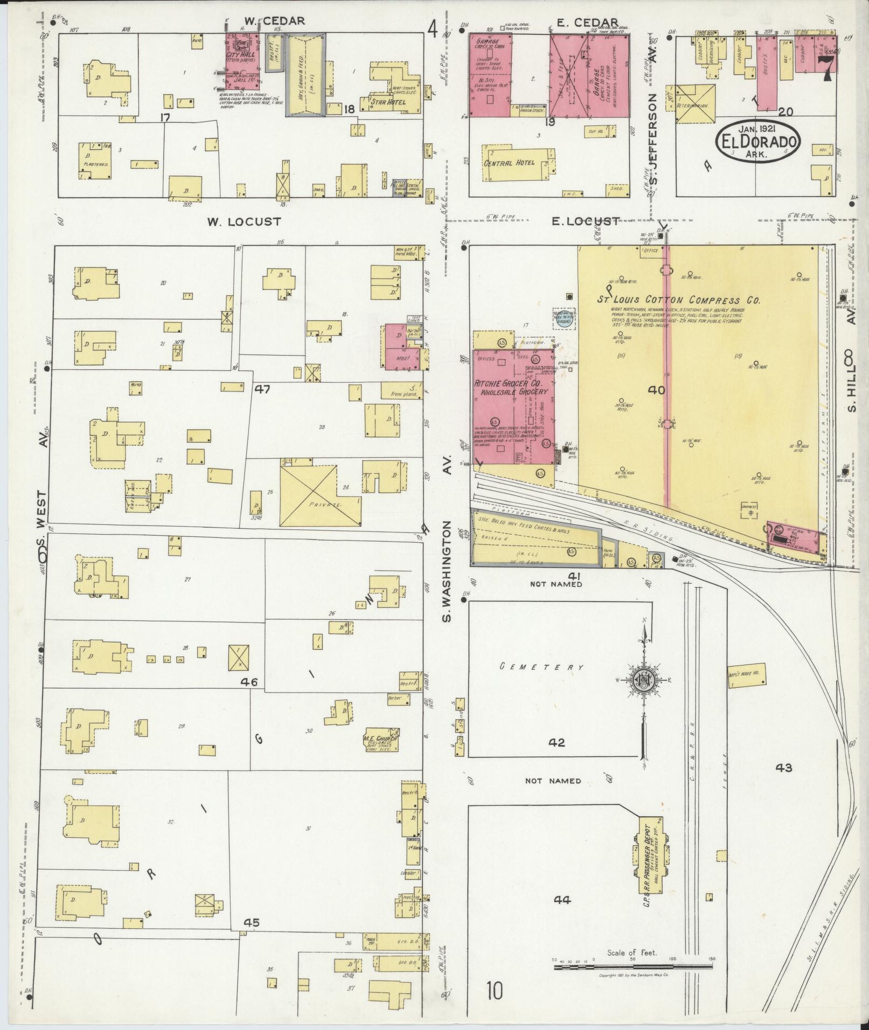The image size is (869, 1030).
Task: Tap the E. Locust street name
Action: point(585,221)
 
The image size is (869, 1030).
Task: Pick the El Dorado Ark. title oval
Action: point(758,142)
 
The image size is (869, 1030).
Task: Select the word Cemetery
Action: point(541,667)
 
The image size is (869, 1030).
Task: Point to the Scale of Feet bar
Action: point(633,967)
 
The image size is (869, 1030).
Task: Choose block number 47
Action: point(263,389)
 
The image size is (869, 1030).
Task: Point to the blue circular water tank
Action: point(564,321)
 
